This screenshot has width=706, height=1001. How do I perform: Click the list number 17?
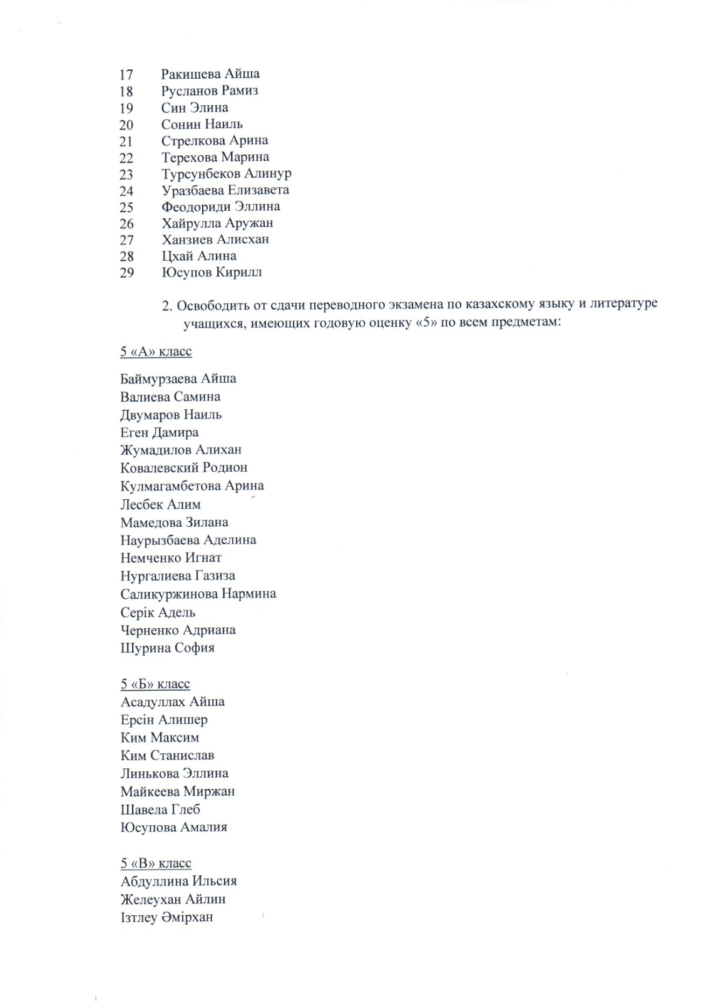[x=126, y=74]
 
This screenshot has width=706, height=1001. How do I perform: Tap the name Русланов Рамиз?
[x=210, y=91]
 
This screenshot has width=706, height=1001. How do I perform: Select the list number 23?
[x=126, y=175]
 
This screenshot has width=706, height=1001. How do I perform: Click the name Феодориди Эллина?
[x=220, y=206]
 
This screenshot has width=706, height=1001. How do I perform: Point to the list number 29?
[x=126, y=273]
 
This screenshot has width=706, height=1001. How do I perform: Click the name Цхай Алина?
[x=199, y=256]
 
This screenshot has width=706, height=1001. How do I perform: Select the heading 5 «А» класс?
[x=156, y=352]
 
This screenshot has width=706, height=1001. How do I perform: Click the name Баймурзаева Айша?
[x=178, y=379]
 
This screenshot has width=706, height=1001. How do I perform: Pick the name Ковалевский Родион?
[x=184, y=467]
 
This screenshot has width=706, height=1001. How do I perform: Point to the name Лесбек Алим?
[x=161, y=504]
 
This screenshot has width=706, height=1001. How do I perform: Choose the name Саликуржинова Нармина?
[x=198, y=594]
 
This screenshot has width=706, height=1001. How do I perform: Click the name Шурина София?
[x=168, y=648]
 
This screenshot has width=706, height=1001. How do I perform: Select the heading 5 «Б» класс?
[x=155, y=684]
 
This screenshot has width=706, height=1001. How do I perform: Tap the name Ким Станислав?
[x=168, y=756]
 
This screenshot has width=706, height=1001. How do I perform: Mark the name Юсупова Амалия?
[x=174, y=827]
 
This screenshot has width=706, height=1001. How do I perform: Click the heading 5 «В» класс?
[x=156, y=863]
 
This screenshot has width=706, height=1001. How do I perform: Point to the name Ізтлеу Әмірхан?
[x=167, y=918]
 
